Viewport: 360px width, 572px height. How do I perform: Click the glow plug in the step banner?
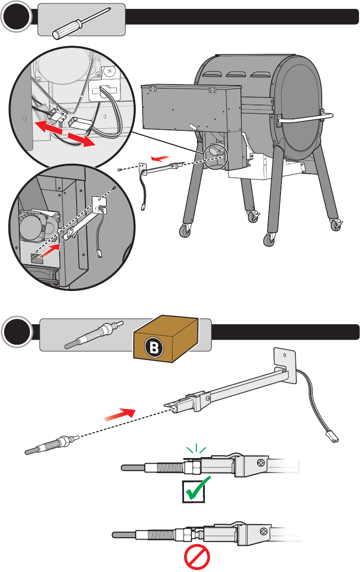tap(94, 335)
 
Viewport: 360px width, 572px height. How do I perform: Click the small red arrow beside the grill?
tap(161, 158)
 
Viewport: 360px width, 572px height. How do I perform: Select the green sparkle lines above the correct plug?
tap(196, 448)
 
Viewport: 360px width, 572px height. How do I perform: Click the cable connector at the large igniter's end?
tap(332, 437)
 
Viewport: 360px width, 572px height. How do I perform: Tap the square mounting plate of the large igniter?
tap(285, 365)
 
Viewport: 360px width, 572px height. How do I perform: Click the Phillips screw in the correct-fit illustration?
tap(262, 463)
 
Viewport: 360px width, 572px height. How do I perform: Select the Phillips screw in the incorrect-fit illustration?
tap(264, 531)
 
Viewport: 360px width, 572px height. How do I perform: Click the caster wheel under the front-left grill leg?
tap(185, 231)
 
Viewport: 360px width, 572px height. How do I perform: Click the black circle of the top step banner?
tap(16, 16)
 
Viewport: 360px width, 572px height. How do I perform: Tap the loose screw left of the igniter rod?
tap(120, 170)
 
